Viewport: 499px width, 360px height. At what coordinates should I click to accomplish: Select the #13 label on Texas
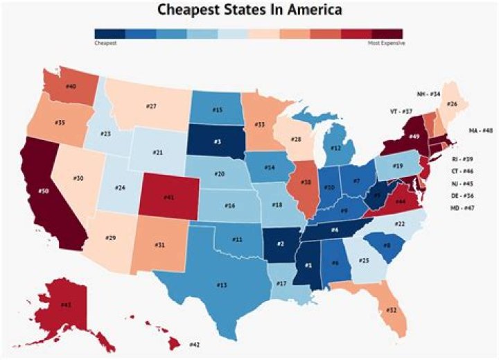pos(221,285)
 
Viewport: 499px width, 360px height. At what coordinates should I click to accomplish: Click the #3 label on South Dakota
pos(217,142)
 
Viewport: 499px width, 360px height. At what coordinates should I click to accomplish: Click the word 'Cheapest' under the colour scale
pos(105,43)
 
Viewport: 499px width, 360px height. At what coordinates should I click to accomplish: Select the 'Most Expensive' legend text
pos(386,43)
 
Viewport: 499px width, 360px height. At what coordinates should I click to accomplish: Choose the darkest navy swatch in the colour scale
pos(110,33)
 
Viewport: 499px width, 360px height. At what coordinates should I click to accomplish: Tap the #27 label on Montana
pos(152,106)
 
